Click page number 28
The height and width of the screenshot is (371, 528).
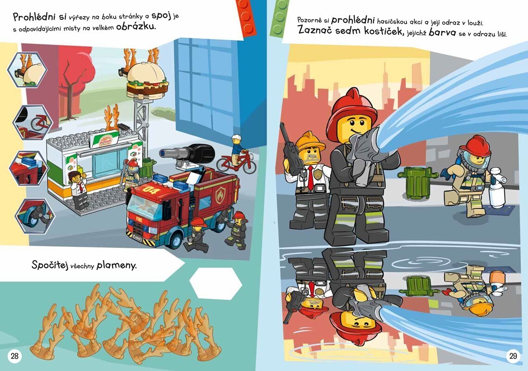tap(14, 356)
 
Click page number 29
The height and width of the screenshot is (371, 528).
tap(513, 356)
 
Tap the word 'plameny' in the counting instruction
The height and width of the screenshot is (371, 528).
tap(116, 266)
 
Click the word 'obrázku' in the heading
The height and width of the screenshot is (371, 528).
tap(136, 26)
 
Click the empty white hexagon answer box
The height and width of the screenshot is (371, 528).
tap(216, 283)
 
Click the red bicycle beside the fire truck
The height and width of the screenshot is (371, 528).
tap(236, 162)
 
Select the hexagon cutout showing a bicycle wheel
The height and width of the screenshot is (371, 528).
tap(32, 122)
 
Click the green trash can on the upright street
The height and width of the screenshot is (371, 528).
tap(418, 182)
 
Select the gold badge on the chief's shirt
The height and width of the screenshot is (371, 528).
tap(318, 174)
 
